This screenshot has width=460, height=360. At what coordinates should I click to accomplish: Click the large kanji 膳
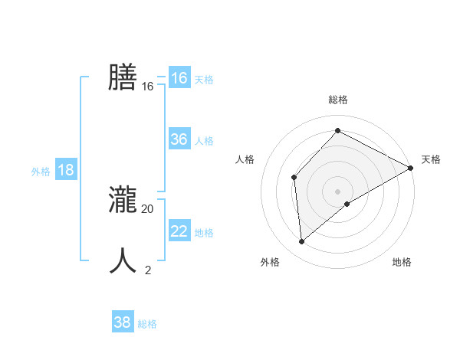[x=123, y=77]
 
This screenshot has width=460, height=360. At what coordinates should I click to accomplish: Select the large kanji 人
[x=123, y=260]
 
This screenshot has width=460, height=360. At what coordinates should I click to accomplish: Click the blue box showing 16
[x=179, y=78]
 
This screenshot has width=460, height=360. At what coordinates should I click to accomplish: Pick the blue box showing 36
[x=179, y=139]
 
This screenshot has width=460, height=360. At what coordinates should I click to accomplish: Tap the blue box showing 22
[x=179, y=231]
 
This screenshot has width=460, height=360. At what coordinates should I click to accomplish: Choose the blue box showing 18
[x=66, y=170]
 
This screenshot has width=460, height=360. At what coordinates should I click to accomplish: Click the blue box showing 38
[x=122, y=322]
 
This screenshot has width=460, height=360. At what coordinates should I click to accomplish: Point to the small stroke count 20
[x=148, y=208]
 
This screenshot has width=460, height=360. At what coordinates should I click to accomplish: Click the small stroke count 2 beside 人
[x=148, y=270]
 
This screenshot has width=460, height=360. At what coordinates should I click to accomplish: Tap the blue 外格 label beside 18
[x=41, y=172]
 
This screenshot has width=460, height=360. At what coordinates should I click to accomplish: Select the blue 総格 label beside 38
[x=147, y=324]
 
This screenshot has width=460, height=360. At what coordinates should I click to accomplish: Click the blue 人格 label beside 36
[x=204, y=141]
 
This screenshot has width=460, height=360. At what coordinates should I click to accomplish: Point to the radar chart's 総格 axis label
[x=337, y=100]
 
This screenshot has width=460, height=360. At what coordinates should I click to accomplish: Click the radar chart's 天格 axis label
[x=431, y=159]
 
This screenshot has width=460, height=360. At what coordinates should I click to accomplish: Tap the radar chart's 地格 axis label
[x=402, y=262]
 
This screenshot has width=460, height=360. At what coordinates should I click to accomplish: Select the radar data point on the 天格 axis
[x=411, y=168]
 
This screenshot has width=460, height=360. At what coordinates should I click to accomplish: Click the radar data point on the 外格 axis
[x=302, y=242]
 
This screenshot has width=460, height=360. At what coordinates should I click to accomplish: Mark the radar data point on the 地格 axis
[x=347, y=204]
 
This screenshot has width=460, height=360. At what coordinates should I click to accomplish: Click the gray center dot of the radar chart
[x=337, y=191]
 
